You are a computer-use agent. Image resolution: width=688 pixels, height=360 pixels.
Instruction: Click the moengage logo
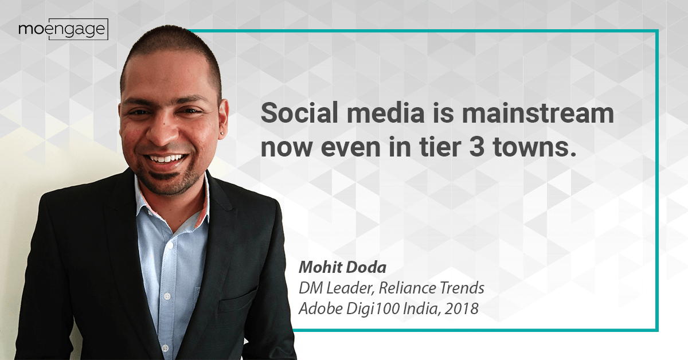pos(63,29)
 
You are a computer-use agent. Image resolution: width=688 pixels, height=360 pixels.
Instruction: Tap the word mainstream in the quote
pos(538,113)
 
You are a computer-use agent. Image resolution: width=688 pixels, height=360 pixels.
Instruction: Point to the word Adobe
pos(320,308)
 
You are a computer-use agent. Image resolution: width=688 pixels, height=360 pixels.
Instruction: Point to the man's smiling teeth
pos(166,159)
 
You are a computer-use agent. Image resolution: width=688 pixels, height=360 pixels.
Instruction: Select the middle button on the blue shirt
pos(167,296)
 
